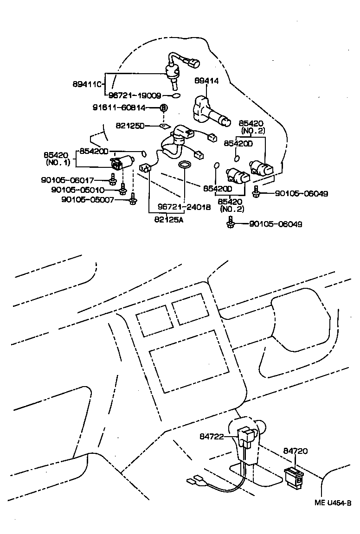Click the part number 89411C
(x=87, y=84)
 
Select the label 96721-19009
(x=135, y=96)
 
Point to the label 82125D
(x=130, y=126)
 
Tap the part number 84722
(x=212, y=436)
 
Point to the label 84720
(x=296, y=451)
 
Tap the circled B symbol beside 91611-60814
(x=163, y=108)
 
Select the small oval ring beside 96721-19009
(x=175, y=96)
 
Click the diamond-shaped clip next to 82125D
(x=163, y=126)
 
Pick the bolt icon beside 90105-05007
(x=133, y=200)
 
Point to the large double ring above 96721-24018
(x=185, y=165)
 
